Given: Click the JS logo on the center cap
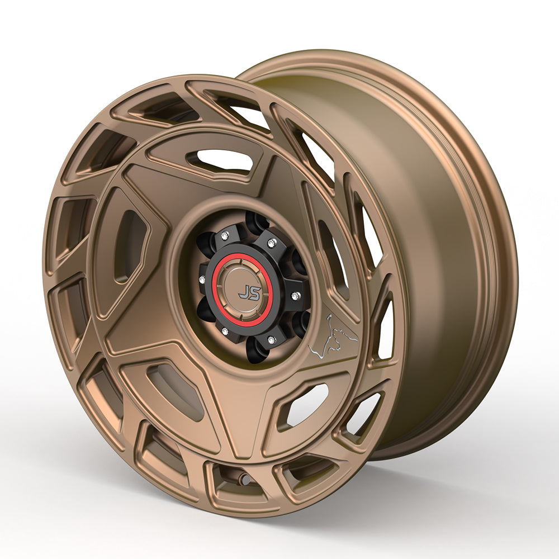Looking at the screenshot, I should pyautogui.click(x=249, y=292).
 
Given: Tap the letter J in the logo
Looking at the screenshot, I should pyautogui.click(x=244, y=292).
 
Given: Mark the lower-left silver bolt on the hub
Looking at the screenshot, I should pyautogui.click(x=225, y=331).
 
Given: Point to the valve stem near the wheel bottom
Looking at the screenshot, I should pyautogui.click(x=244, y=479).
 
